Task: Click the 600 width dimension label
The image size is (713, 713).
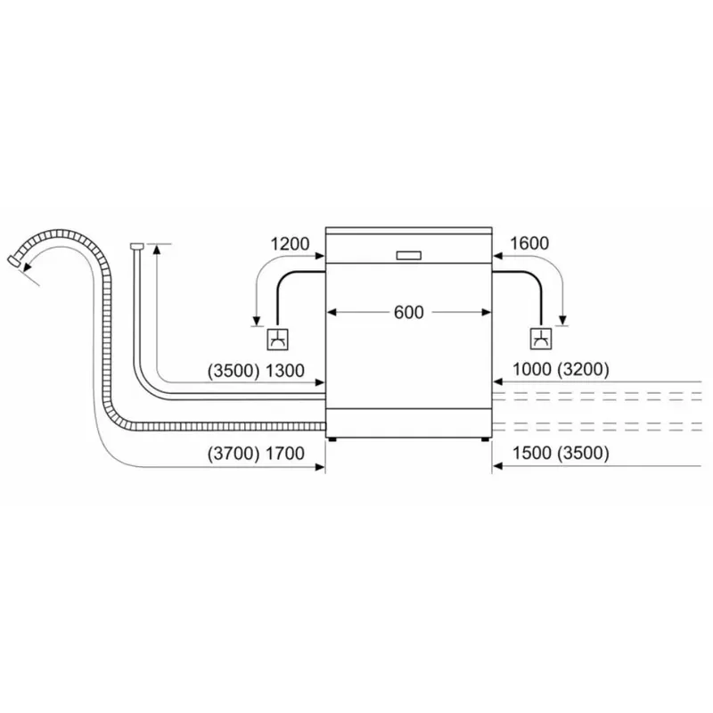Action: [409, 313]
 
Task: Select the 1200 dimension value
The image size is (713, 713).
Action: [290, 243]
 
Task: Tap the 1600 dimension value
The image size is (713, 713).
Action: [529, 243]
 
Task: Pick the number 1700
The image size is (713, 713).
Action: [286, 454]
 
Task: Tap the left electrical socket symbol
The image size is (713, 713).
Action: [277, 340]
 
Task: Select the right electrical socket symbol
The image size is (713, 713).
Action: [540, 340]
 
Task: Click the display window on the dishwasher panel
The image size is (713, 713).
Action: [408, 255]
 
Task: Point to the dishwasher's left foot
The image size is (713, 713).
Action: [333, 438]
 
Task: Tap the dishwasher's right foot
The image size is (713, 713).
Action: [486, 438]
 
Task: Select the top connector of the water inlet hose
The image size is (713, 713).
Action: [136, 246]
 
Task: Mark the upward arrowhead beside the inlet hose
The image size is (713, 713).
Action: [157, 251]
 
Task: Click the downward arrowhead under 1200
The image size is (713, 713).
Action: [256, 322]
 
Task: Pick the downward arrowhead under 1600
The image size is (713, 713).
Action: [563, 322]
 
